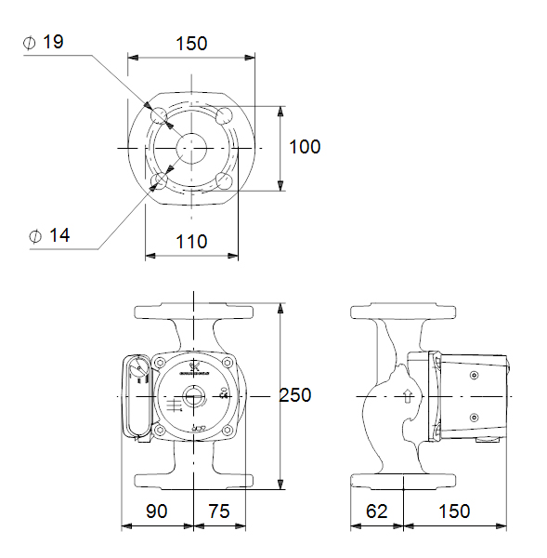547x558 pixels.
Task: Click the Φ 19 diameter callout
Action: [x=46, y=43]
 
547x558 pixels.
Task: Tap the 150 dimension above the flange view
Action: [x=190, y=43]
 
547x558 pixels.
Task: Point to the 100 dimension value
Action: [x=304, y=147]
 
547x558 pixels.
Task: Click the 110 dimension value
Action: [x=190, y=242]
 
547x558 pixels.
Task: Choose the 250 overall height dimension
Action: [x=295, y=395]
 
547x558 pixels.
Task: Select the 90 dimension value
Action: [x=156, y=511]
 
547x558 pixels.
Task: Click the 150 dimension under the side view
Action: [x=454, y=511]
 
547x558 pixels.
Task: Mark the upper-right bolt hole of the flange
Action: [x=224, y=115]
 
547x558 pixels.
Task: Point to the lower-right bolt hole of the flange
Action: [x=224, y=179]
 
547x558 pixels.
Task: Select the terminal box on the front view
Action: [x=137, y=397]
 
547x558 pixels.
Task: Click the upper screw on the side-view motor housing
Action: [x=474, y=375]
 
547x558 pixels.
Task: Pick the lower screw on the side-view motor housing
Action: [x=474, y=418]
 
